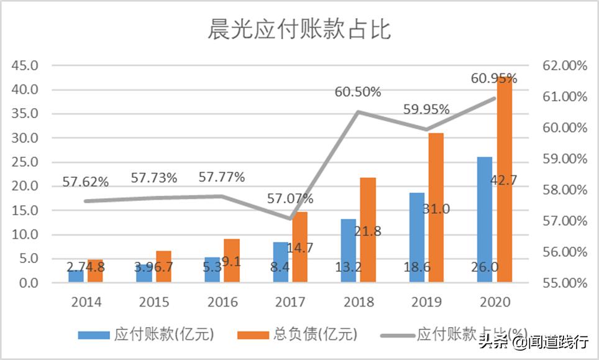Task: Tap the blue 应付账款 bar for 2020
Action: click(x=484, y=218)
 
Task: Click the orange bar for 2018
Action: click(x=368, y=230)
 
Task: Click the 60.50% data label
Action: click(x=358, y=92)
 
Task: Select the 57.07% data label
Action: click(x=290, y=199)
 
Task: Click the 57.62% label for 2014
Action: click(x=86, y=182)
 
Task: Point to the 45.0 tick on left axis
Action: click(x=25, y=65)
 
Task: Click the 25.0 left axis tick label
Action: click(x=25, y=162)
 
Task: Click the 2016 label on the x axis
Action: click(x=222, y=302)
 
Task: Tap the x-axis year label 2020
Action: click(x=495, y=302)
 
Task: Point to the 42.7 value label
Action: click(x=505, y=180)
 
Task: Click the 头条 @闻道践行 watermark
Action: click(x=533, y=341)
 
